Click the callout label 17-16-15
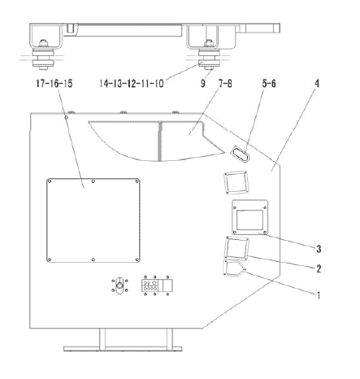[x=54, y=84]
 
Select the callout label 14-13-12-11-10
[x=132, y=84]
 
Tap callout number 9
[x=203, y=84]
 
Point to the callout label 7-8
[x=225, y=84]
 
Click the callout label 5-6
[x=269, y=84]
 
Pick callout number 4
[x=317, y=84]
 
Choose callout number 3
[x=319, y=249]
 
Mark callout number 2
[x=319, y=268]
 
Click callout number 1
[x=319, y=295]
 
